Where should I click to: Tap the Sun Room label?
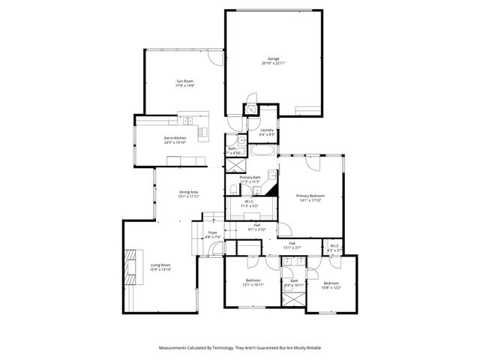coord(184,83)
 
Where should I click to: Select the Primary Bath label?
coord(250,178)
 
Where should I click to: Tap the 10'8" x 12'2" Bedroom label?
coord(331,284)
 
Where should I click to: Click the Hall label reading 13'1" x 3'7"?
coord(292,244)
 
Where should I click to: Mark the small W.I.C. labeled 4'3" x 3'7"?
coord(334,247)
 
